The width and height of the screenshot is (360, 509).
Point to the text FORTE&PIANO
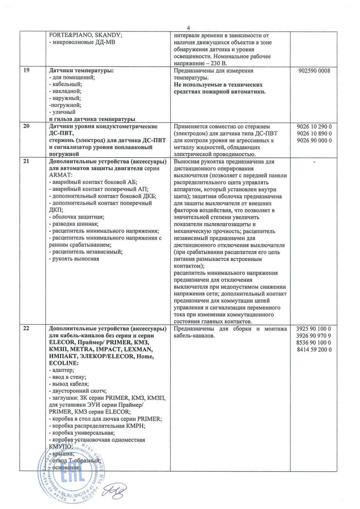(x=70, y=35)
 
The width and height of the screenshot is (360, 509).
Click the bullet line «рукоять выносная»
(x=74, y=259)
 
